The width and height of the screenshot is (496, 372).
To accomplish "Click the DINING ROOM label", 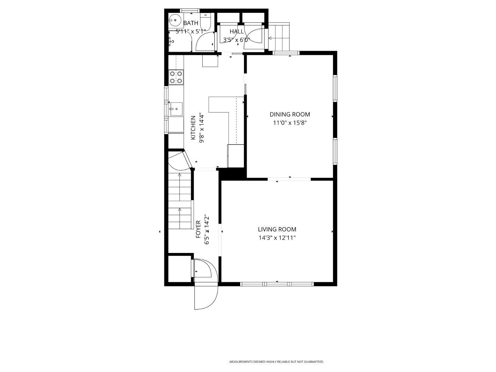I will (290, 114).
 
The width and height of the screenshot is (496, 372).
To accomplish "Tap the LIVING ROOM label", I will (277, 229).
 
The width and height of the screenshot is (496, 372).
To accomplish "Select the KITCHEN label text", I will (193, 128).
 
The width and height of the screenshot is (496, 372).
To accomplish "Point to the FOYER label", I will (198, 229).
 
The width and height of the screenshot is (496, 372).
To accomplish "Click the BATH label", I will (191, 23).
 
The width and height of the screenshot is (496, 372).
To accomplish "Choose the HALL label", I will (236, 31).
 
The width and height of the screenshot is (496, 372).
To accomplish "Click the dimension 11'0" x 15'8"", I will (290, 123).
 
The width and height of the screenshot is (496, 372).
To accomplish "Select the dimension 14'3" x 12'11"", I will (277, 238).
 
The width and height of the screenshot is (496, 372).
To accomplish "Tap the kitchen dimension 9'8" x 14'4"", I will (202, 128).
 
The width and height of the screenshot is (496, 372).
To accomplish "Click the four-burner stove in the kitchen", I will (176, 77).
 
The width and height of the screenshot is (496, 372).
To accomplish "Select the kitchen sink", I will (176, 109).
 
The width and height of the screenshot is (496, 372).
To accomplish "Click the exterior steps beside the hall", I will (279, 36).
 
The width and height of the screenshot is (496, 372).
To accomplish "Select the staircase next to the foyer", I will (180, 202).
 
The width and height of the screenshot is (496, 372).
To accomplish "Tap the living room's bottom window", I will (277, 284).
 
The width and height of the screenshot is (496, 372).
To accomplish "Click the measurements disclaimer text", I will (276, 362).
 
